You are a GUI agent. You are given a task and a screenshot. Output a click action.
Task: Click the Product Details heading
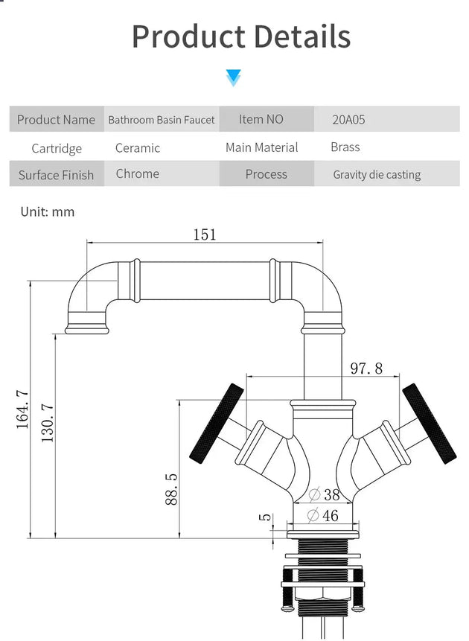click(240, 36)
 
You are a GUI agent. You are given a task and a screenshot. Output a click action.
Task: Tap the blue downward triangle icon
click(234, 77)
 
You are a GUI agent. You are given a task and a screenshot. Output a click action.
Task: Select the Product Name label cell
click(57, 120)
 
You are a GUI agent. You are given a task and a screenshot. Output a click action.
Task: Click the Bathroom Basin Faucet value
click(162, 120)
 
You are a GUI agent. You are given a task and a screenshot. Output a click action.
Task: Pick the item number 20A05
click(349, 120)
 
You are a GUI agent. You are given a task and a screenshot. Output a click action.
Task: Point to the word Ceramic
click(138, 148)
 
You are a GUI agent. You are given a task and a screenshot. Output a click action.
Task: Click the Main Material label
click(261, 147)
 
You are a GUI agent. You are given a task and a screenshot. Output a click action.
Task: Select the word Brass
click(345, 147)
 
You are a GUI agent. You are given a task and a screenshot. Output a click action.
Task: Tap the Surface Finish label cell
click(57, 175)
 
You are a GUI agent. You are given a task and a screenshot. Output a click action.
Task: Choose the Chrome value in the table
click(138, 173)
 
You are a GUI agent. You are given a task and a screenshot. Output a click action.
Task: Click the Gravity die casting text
click(377, 175)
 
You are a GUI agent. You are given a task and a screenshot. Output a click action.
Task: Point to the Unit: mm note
click(48, 212)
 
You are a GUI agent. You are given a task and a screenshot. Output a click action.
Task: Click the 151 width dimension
click(205, 235)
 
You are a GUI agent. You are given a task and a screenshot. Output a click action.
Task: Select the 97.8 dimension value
click(366, 368)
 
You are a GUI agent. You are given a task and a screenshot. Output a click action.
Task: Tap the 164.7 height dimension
click(22, 409)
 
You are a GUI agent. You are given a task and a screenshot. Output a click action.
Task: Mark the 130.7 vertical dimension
click(48, 423)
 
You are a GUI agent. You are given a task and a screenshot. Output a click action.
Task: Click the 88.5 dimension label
click(170, 488)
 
